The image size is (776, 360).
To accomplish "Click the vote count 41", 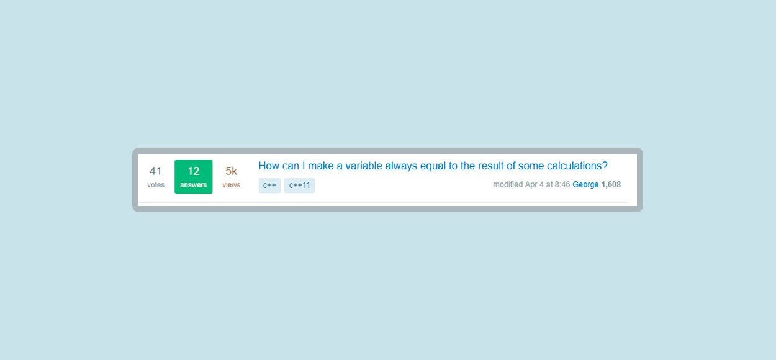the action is (156, 171).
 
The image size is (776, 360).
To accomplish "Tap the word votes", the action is (156, 185).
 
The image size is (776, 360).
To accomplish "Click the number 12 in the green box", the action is (193, 171).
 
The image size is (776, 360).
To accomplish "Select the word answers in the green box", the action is (193, 185).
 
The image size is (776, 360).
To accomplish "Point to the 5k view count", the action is (231, 171).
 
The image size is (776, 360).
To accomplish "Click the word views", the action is (231, 185).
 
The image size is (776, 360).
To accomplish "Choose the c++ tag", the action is (269, 186).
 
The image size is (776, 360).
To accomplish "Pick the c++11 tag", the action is (300, 186).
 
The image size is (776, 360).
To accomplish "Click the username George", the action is (585, 185).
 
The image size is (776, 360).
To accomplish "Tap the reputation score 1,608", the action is (611, 185).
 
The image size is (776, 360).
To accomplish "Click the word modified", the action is (508, 185).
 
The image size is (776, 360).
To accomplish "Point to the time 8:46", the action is (562, 185).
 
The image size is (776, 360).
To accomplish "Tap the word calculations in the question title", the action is (574, 166).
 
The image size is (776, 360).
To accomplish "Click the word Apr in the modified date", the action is (531, 185).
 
